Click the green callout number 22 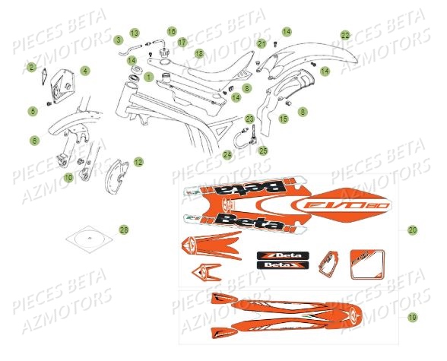(x=345, y=35)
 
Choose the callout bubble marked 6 (x=34, y=140)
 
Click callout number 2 (x=33, y=68)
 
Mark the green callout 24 (x=227, y=154)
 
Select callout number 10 (x=68, y=177)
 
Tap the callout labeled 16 (x=172, y=31)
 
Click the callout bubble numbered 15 (x=283, y=119)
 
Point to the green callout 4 (x=85, y=71)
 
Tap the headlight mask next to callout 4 (x=63, y=87)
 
